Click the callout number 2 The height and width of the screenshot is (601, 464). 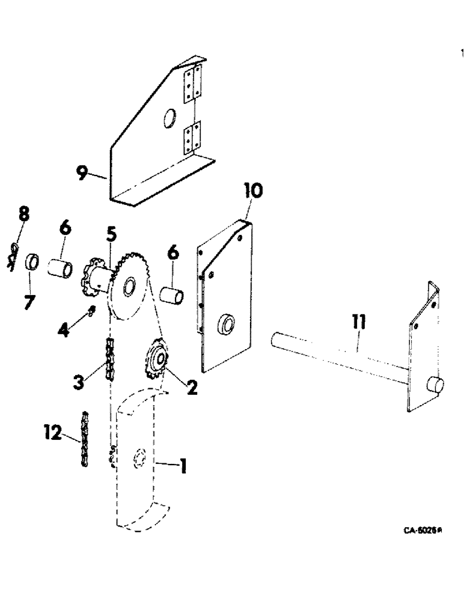coord(192,388)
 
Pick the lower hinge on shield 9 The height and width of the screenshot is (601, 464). coord(192,137)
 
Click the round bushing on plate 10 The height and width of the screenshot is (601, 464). coord(226,324)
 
